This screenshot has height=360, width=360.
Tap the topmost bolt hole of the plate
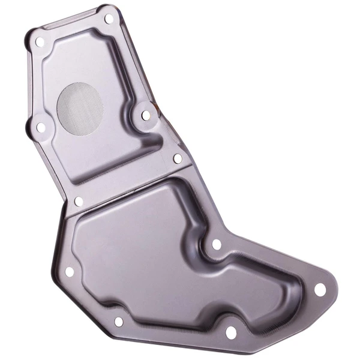click(109, 19)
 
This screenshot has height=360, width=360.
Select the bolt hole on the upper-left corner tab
click(40, 42)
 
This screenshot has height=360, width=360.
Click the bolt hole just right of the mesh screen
click(146, 115)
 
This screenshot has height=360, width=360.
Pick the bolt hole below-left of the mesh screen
click(41, 127)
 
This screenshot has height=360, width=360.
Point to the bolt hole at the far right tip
click(320, 289)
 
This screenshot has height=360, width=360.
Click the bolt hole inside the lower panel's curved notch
click(216, 245)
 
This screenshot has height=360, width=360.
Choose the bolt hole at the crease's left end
click(78, 202)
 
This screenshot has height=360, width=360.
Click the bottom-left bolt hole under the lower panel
click(118, 322)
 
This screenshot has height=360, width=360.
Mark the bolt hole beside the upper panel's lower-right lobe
click(178, 158)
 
